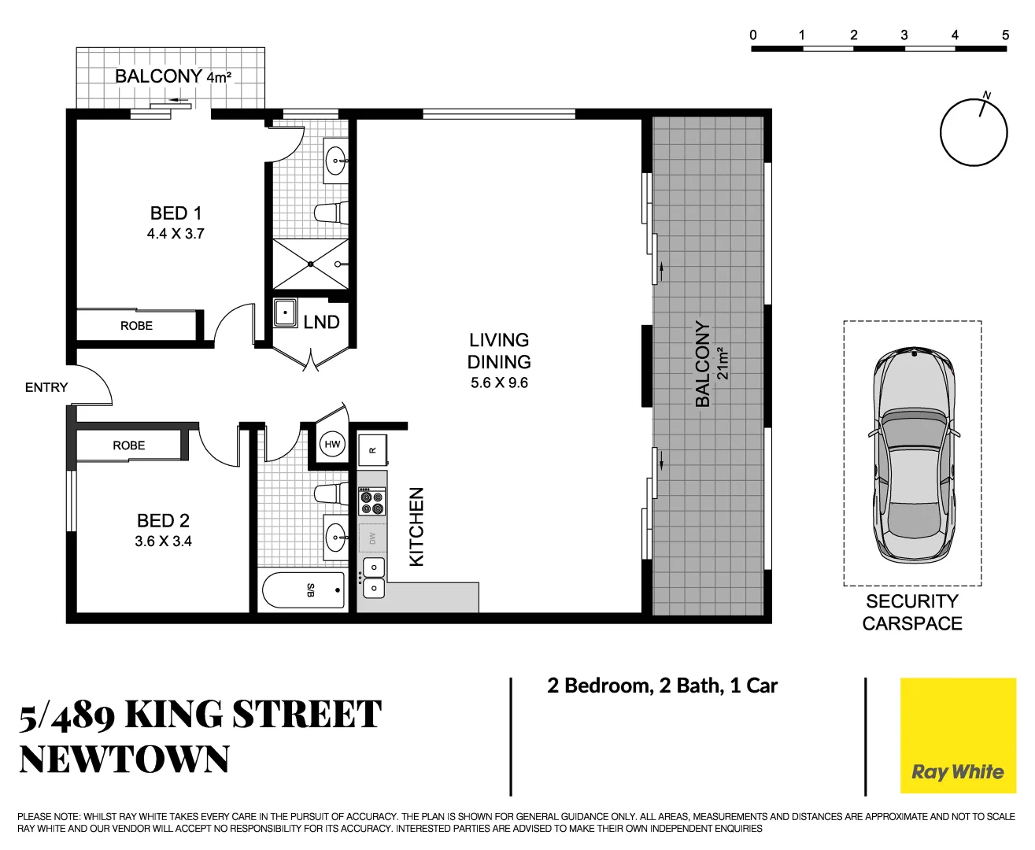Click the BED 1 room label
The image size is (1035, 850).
(x=176, y=213)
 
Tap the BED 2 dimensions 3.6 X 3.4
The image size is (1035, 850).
(x=163, y=541)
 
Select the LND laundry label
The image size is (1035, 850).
(x=321, y=322)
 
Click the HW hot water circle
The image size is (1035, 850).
(x=332, y=445)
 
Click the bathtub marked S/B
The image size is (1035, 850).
(x=304, y=590)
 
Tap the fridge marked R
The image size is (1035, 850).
(x=373, y=450)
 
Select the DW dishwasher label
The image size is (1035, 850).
(x=372, y=539)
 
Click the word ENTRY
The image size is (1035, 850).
(x=46, y=387)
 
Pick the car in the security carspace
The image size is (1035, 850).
(x=913, y=455)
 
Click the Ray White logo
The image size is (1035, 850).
(x=957, y=772)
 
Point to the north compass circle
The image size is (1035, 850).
(x=974, y=132)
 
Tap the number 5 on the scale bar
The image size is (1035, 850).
(x=1005, y=35)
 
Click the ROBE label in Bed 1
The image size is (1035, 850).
(x=136, y=326)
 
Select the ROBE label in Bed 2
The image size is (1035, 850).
(x=128, y=445)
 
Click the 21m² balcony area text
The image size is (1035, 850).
(x=723, y=364)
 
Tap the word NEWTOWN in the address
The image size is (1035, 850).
(x=124, y=759)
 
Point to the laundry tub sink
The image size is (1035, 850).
(x=284, y=312)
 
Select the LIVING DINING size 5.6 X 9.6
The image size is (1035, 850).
(x=499, y=383)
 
